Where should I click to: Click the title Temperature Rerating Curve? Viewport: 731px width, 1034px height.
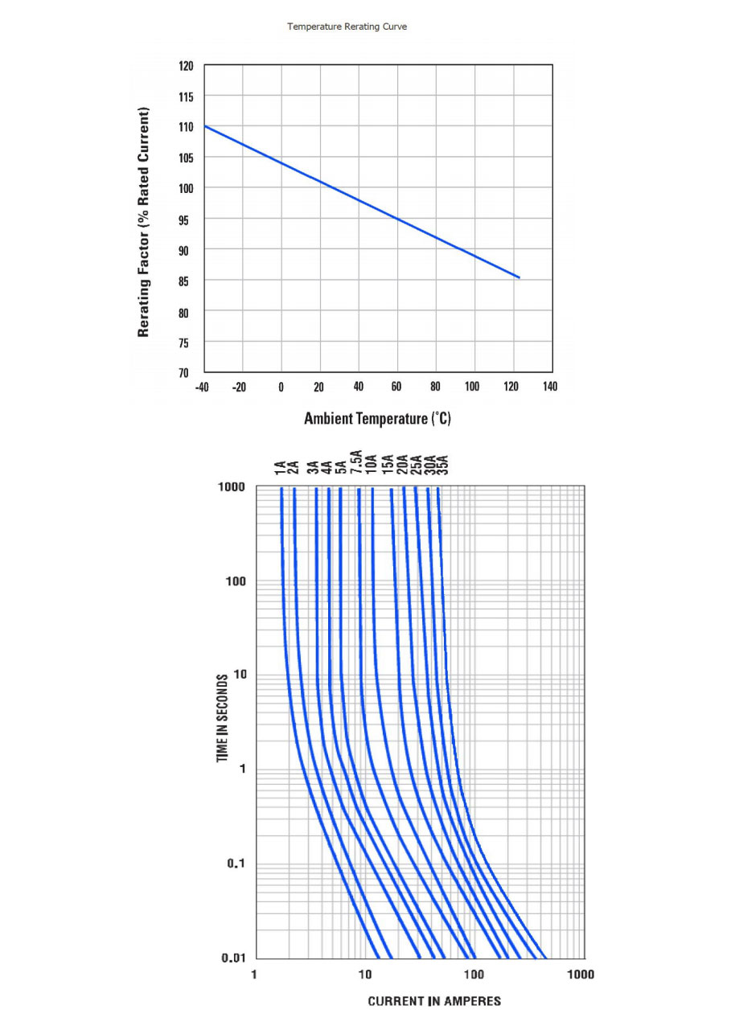click(347, 27)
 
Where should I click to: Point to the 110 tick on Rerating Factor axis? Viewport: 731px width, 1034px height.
click(186, 127)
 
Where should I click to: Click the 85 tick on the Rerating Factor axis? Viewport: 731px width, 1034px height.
click(186, 281)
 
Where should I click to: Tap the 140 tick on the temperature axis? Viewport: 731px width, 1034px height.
click(549, 388)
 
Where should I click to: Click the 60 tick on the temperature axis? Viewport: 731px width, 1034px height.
click(396, 388)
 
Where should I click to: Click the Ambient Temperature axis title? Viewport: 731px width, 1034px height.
click(377, 419)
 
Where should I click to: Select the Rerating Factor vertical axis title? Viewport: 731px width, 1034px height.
click(144, 221)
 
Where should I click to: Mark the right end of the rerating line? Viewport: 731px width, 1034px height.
click(520, 277)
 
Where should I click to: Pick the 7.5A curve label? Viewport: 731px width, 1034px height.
click(356, 465)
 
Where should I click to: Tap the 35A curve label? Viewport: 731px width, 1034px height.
click(441, 466)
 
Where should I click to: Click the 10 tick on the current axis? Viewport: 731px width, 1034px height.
click(365, 975)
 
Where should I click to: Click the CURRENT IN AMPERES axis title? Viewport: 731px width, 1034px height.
click(434, 1001)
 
